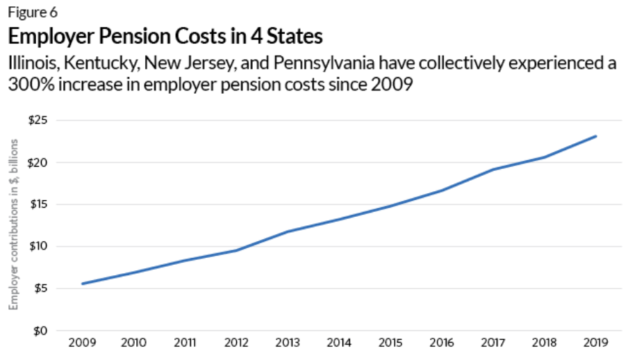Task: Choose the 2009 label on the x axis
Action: [83, 343]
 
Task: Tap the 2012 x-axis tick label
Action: [237, 343]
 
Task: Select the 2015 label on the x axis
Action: [391, 343]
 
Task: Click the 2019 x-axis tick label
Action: [596, 343]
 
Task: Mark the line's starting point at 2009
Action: [83, 284]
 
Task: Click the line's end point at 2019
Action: [596, 136]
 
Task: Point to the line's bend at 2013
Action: [288, 231]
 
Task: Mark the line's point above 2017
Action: [493, 170]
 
